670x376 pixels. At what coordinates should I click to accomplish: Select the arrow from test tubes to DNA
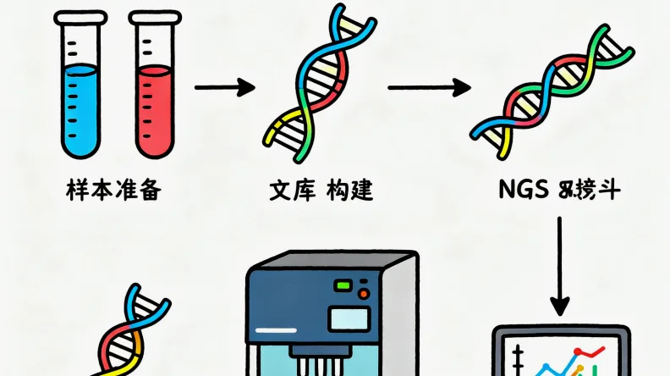224,86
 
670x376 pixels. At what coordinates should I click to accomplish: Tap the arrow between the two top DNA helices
428,86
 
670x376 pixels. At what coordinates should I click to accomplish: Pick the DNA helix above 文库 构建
317,86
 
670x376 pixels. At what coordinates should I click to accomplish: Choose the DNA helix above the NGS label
549,89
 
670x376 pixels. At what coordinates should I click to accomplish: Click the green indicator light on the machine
343,286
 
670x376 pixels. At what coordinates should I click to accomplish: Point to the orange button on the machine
364,294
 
